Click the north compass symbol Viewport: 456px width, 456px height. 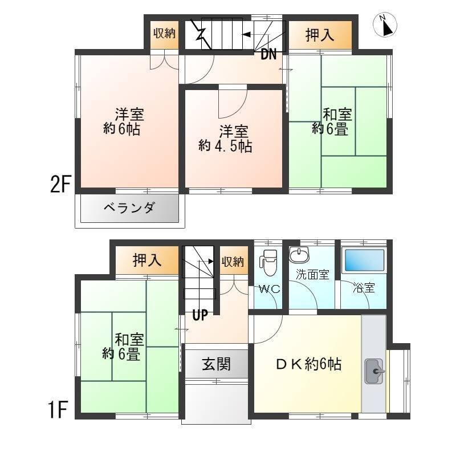coord(385,25)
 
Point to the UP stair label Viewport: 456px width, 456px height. coord(200,315)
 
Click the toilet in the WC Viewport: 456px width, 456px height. coord(268,262)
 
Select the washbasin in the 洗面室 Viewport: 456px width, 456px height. coord(299,254)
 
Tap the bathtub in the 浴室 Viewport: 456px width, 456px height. coord(364,260)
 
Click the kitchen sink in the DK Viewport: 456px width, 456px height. coord(374,371)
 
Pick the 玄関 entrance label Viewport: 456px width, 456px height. coord(217,364)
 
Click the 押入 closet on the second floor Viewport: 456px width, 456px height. coord(320,35)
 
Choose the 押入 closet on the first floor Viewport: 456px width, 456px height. coord(147,260)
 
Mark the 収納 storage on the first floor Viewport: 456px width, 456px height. coord(234,260)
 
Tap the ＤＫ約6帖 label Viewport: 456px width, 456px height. coord(308,364)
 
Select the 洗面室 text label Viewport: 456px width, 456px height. coord(312,274)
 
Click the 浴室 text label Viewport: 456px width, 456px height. coord(364,288)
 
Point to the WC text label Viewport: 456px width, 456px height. coord(269,289)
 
